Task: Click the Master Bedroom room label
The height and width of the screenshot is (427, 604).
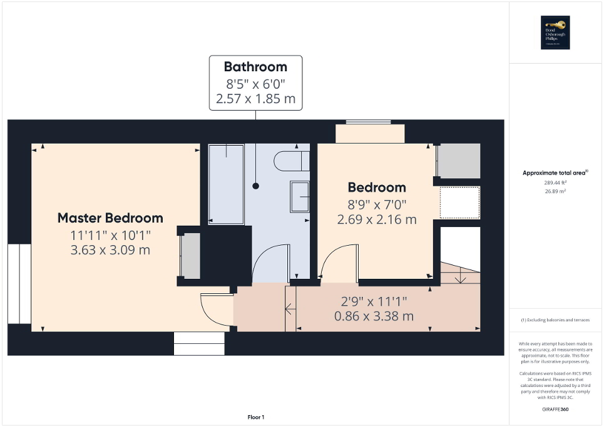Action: [110, 218]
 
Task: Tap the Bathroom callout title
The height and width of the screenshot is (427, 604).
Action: [255, 67]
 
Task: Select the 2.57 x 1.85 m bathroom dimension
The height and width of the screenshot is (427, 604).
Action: [255, 99]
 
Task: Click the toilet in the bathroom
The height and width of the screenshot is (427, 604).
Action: [291, 161]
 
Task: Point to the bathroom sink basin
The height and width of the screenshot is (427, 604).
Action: [299, 196]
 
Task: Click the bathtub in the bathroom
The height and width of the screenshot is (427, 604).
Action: [225, 184]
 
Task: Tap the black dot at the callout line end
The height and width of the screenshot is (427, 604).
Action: [255, 186]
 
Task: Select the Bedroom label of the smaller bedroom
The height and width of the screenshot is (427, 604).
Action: [377, 187]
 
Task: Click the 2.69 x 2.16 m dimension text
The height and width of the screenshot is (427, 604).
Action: [377, 219]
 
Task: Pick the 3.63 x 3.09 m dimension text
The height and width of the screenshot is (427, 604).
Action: [110, 250]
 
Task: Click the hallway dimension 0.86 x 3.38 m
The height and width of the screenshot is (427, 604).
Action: [374, 316]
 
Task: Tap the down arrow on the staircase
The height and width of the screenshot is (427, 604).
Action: [460, 275]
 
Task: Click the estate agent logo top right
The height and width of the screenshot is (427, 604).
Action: [556, 33]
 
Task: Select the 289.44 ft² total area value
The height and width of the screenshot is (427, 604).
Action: [554, 183]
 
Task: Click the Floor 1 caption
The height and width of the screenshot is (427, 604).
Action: [255, 417]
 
